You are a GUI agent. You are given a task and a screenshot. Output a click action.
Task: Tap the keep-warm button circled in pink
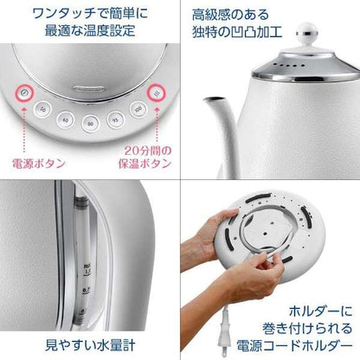click(156, 94)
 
